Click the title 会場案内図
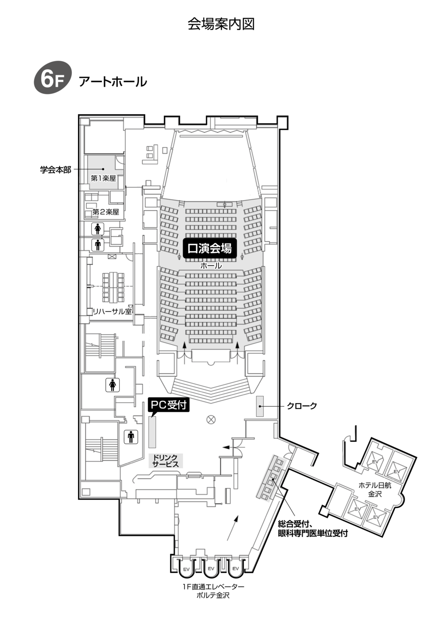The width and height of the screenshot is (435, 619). pyautogui.click(x=221, y=24)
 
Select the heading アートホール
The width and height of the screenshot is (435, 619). pyautogui.click(x=113, y=82)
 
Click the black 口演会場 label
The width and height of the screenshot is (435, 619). pyautogui.click(x=210, y=249)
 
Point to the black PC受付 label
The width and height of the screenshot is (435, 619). pyautogui.click(x=168, y=404)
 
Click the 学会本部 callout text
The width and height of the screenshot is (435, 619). pyautogui.click(x=56, y=169)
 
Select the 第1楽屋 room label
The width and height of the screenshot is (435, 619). pyautogui.click(x=103, y=178)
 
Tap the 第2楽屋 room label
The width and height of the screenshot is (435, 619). pyautogui.click(x=106, y=212)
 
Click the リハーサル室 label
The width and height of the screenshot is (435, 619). pyautogui.click(x=112, y=311)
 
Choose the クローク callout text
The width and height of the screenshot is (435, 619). pyautogui.click(x=301, y=406)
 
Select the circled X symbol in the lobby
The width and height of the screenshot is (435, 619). pyautogui.click(x=211, y=420)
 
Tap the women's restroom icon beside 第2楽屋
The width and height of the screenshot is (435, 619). pyautogui.click(x=97, y=229)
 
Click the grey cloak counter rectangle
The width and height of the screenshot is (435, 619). pyautogui.click(x=260, y=406)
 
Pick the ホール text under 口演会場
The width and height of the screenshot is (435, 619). pyautogui.click(x=211, y=266)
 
